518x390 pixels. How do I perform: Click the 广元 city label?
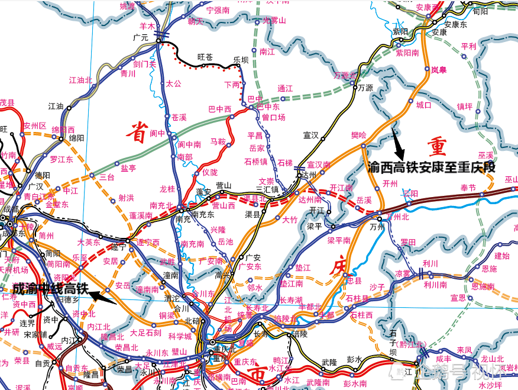(141, 37)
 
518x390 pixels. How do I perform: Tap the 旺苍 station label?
(205, 57)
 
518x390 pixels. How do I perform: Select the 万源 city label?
(365, 88)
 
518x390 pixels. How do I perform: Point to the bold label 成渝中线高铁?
(50, 289)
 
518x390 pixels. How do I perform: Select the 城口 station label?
(424, 105)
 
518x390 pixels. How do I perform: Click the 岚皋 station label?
(438, 69)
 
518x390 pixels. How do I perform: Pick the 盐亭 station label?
(128, 168)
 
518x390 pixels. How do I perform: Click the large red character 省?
(137, 133)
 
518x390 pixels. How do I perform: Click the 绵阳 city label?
(77, 137)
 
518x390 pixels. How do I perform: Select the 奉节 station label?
(468, 188)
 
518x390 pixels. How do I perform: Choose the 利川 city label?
(430, 263)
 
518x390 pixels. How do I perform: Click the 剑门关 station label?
(144, 65)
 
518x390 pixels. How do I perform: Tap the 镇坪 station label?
(465, 107)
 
